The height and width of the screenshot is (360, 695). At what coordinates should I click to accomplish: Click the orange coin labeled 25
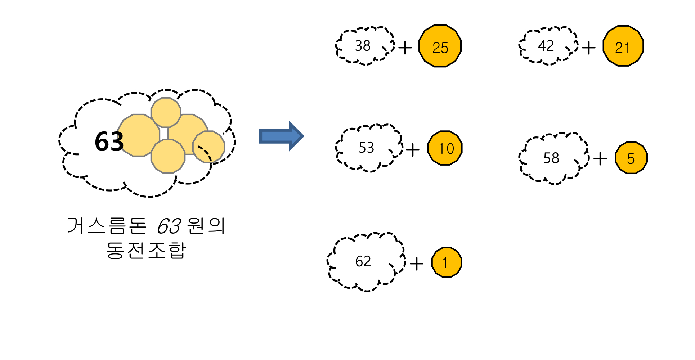[440, 46]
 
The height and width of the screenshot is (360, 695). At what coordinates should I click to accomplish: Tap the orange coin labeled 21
[623, 46]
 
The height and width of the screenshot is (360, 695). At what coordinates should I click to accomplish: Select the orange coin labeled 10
[445, 148]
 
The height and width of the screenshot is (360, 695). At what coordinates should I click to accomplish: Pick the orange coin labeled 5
[631, 158]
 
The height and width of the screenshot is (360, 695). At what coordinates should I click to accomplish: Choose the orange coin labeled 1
[447, 262]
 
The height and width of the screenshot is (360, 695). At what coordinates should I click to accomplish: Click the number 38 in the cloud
[363, 46]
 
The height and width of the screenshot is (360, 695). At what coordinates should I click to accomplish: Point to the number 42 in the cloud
[546, 46]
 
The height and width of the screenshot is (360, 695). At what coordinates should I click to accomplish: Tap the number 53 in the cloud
[367, 148]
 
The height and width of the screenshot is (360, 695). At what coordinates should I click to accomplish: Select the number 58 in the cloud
[551, 158]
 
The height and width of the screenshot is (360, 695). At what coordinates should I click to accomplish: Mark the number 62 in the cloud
[363, 261]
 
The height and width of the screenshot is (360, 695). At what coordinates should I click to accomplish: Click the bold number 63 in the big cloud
[109, 141]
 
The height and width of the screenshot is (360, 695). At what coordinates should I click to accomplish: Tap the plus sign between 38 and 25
[405, 48]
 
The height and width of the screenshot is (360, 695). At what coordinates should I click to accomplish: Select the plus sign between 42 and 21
[589, 48]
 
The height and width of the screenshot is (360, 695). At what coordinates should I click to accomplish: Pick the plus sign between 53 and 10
[413, 150]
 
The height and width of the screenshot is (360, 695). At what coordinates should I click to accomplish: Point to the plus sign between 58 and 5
[600, 158]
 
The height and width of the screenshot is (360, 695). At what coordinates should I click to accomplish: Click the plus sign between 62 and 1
[417, 264]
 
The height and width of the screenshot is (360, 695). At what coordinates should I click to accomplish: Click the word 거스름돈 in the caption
[107, 226]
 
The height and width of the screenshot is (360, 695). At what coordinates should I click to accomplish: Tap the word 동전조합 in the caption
[146, 250]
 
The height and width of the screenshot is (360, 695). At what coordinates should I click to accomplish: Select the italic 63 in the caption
[169, 226]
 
